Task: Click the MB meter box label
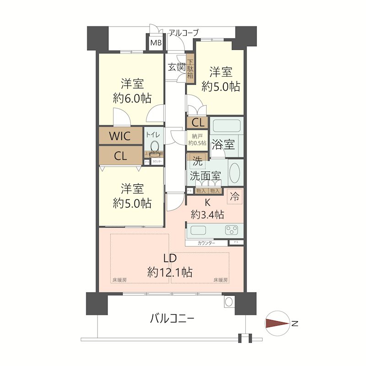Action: (156, 43)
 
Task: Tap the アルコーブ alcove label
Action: (184, 32)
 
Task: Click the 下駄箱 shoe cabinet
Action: (190, 68)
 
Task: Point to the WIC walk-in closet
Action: (120, 136)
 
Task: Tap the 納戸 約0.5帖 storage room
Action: (197, 139)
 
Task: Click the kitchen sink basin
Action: (200, 230)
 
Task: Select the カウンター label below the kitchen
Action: (207, 243)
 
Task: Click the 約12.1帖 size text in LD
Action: (170, 272)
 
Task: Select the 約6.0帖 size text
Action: (132, 98)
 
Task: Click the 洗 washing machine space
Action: (197, 161)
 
